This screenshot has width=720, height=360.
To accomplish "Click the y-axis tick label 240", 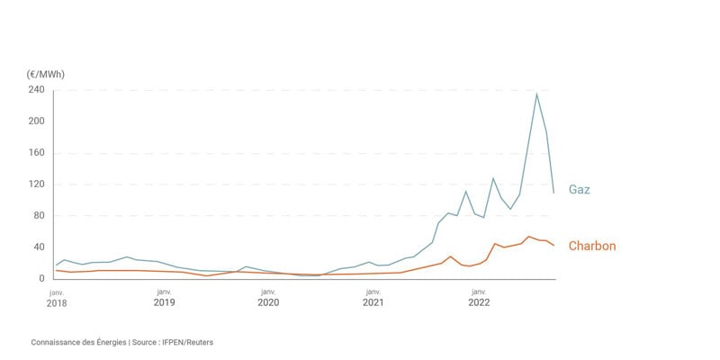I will (36, 90).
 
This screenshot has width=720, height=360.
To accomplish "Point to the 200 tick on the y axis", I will (36, 121).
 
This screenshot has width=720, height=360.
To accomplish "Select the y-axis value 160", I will (36, 153).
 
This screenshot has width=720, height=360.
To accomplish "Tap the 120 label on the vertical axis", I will (36, 184).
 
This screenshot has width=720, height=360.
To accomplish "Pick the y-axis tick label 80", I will (39, 216).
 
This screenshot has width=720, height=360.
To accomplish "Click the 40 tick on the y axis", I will (39, 247).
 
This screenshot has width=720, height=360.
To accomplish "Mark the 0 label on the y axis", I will (41, 279).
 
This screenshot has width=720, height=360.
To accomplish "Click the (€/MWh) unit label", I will (46, 74).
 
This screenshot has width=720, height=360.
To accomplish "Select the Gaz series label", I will (579, 190).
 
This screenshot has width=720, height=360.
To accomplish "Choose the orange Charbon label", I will (592, 246).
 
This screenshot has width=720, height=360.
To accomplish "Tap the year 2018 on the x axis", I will (56, 303).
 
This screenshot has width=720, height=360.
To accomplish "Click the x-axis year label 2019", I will (164, 303).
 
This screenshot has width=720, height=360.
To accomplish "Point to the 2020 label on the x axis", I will (268, 303).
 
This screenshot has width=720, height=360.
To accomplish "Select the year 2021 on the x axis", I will (373, 303).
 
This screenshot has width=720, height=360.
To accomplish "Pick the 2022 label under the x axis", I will (478, 303).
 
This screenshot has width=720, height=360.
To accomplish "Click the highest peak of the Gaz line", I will (536, 94).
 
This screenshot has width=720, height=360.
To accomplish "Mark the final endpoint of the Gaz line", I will (553, 193).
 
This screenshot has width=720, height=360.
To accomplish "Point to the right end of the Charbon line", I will (554, 247).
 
